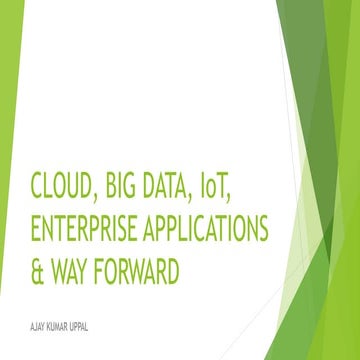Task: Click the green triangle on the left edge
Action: (x=10, y=70)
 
